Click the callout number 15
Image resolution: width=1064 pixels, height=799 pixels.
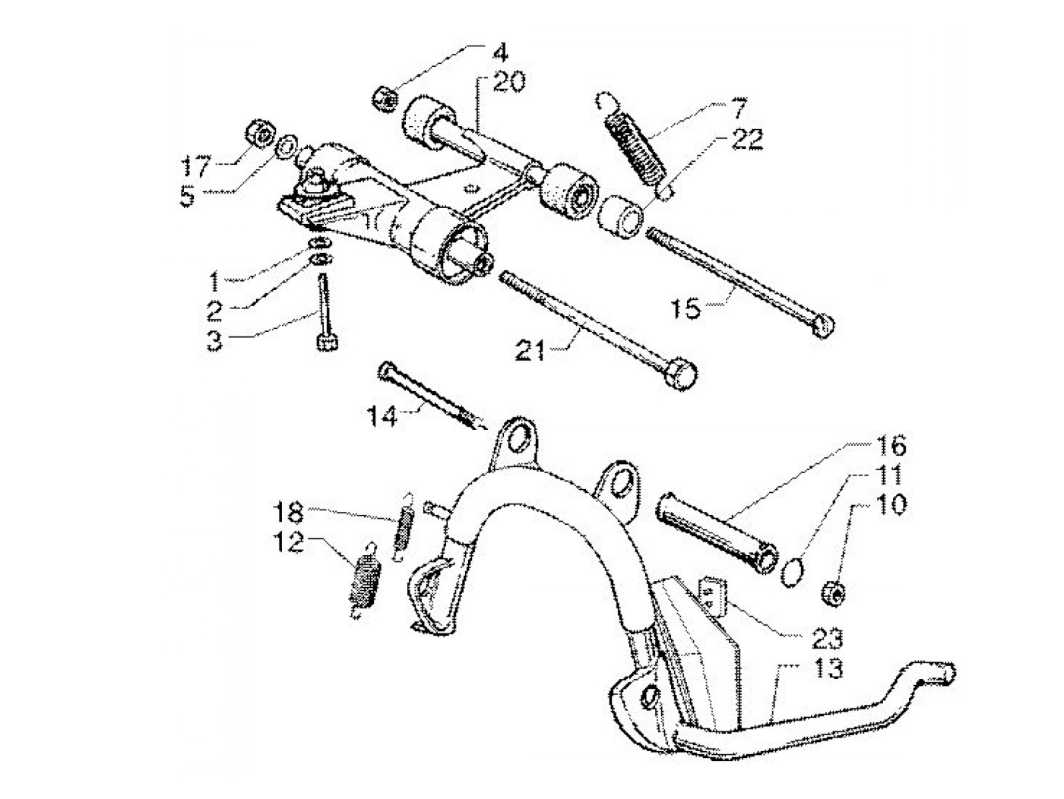[x=687, y=310]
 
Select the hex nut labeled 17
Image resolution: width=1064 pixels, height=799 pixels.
[x=261, y=134]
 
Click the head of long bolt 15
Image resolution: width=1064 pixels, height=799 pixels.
[x=824, y=326]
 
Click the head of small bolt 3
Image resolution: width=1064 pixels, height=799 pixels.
[x=326, y=343]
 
